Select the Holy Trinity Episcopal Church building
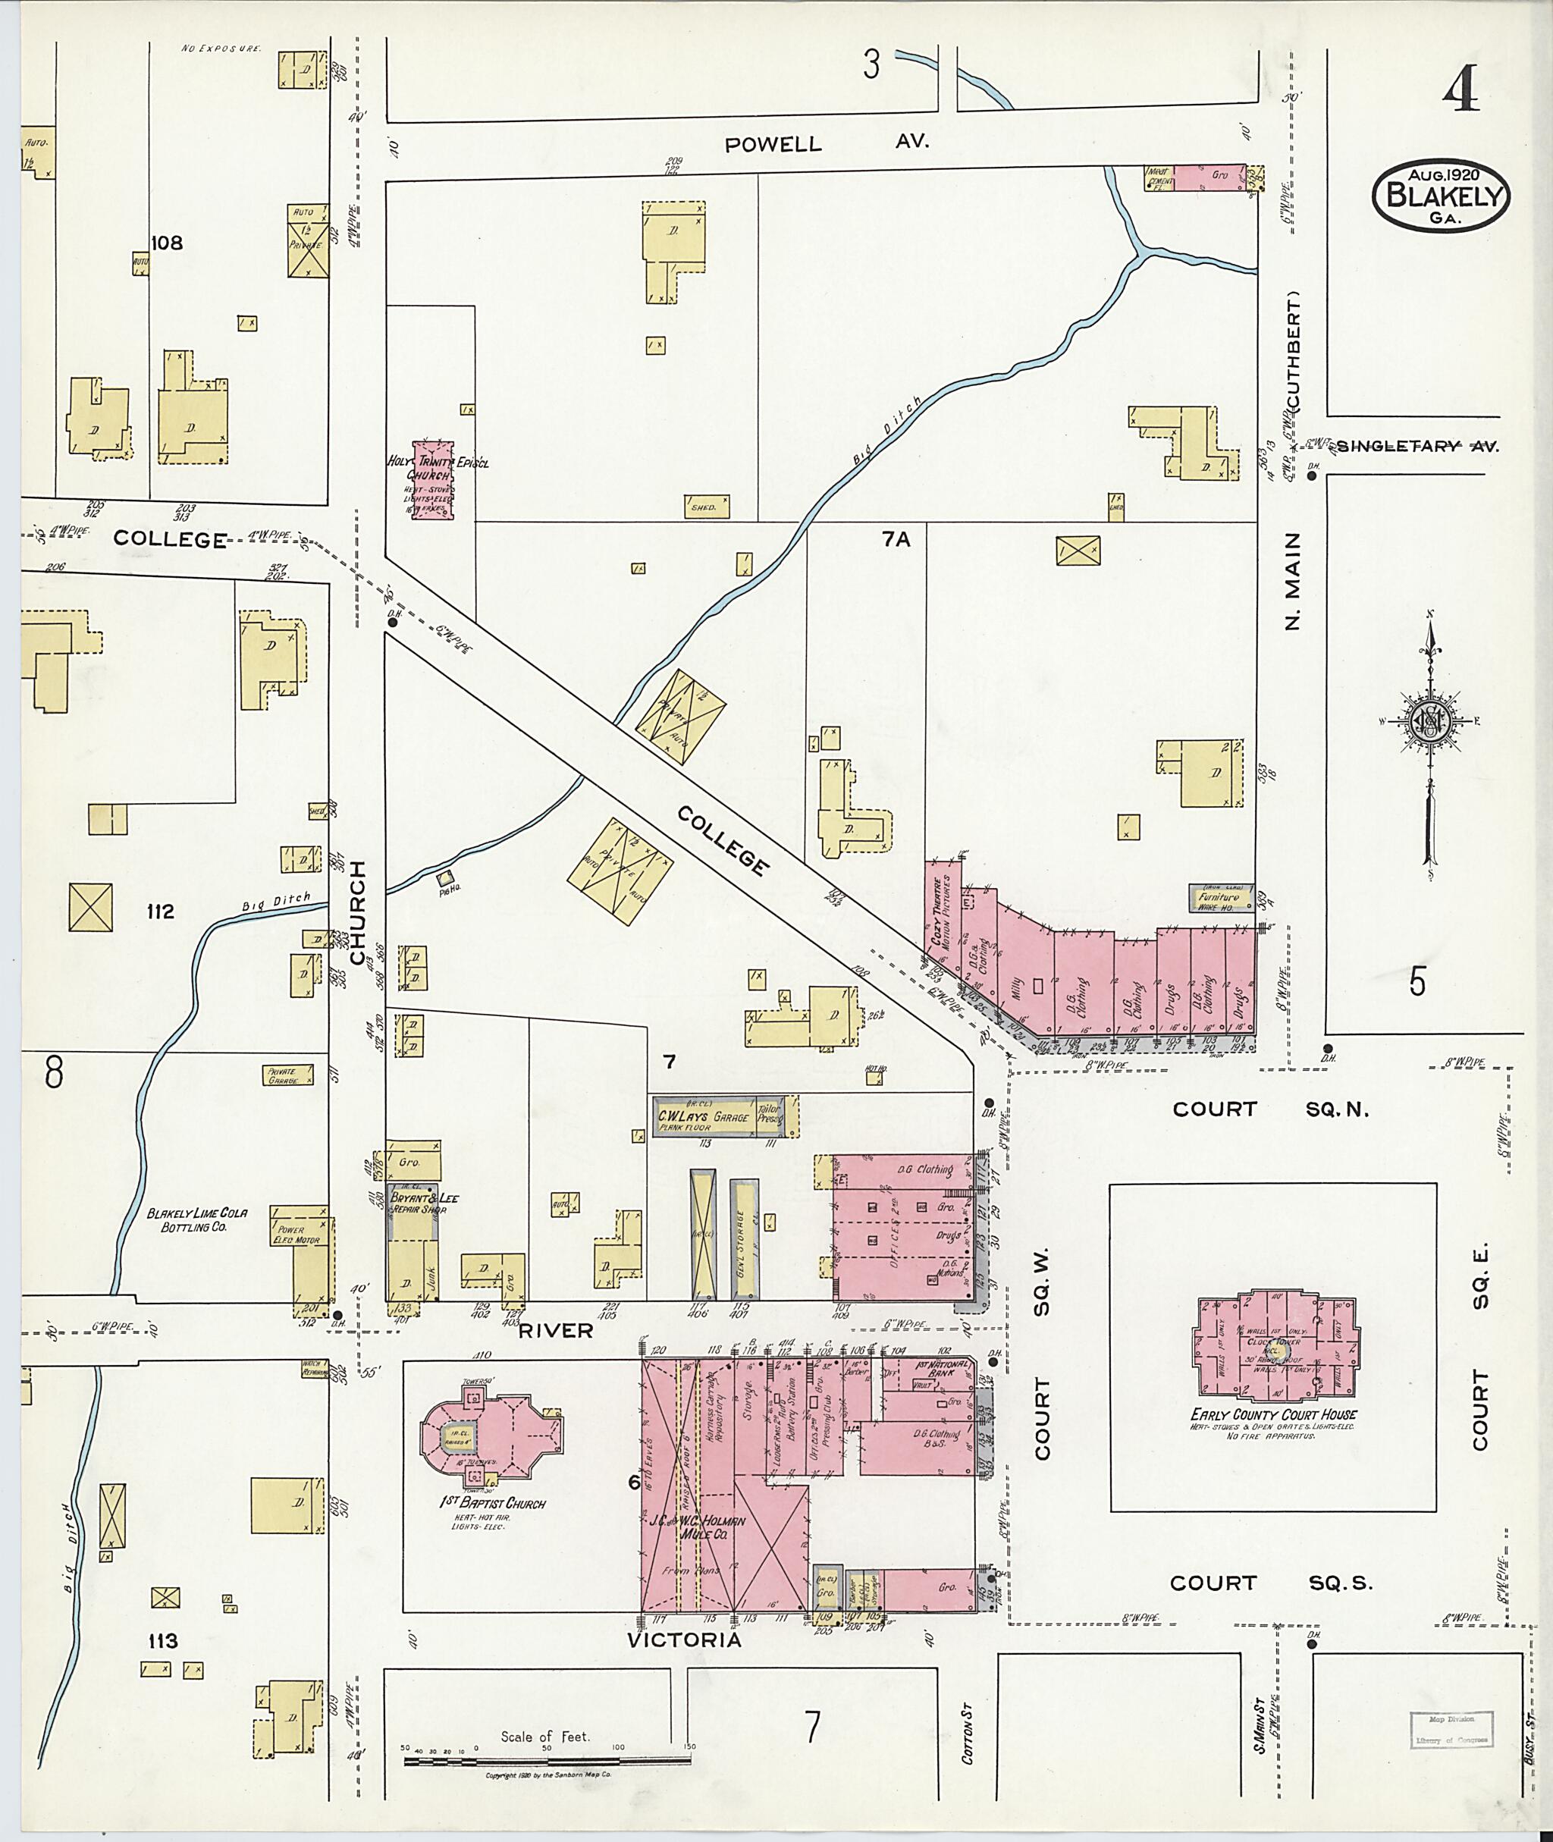(x=434, y=479)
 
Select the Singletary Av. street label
(x=1417, y=447)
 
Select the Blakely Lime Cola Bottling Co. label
(x=197, y=1219)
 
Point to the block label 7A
(x=896, y=540)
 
